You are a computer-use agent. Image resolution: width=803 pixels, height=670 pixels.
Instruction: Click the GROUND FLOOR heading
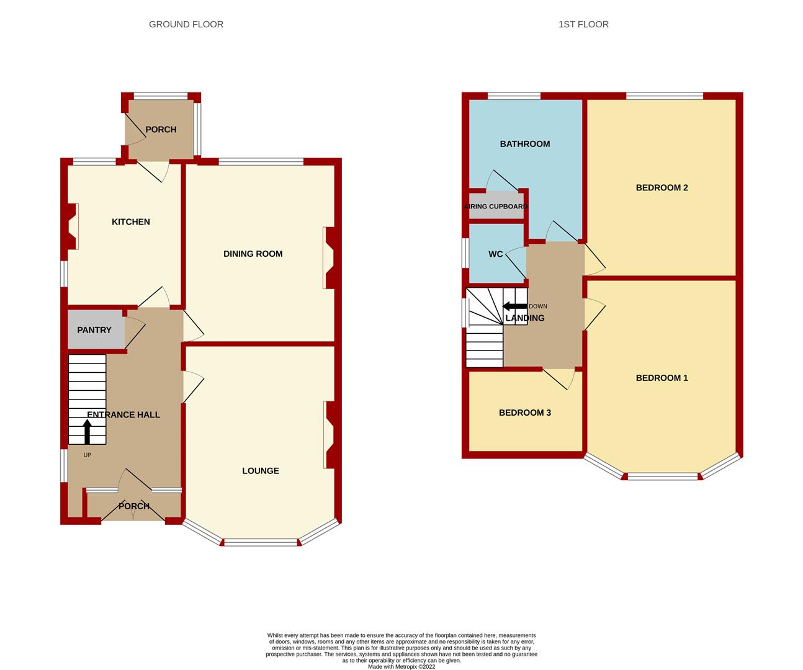pos(186,24)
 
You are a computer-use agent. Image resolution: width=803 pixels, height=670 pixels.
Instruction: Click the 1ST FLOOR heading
pos(583,24)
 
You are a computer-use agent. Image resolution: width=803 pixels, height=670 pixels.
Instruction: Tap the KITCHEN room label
pos(130,221)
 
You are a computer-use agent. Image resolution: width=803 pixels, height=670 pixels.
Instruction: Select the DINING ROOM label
pos(253,253)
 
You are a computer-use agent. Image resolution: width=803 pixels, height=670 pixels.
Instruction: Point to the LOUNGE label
pos(260,470)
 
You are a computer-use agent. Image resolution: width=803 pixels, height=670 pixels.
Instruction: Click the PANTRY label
pos(94,329)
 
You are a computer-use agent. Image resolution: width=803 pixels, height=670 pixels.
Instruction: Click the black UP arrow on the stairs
pos(87,432)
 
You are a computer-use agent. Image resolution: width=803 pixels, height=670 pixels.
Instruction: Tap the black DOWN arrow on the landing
pos(514,306)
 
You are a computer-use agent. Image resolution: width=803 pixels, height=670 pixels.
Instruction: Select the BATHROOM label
pos(524,143)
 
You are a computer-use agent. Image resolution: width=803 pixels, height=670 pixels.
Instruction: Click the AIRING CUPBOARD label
pos(496,207)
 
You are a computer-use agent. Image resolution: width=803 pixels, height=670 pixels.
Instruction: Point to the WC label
pos(495,254)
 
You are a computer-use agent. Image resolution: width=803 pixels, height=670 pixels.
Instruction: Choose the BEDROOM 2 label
pos(662,187)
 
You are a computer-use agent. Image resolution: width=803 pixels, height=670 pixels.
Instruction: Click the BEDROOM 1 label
pos(662,377)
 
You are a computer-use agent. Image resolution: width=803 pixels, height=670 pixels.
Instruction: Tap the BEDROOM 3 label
pos(524,412)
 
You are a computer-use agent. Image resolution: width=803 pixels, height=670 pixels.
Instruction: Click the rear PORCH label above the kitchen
pos(161,129)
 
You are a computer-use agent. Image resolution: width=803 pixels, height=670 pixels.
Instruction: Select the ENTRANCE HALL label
pos(123,414)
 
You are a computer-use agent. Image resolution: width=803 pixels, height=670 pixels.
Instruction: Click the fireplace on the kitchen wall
pos(72,226)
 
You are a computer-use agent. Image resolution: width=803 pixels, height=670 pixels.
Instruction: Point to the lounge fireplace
pos(329,434)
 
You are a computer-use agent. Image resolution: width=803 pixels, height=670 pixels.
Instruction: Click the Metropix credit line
pos(401,667)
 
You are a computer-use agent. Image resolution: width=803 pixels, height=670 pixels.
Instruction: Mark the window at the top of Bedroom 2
pos(664,96)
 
